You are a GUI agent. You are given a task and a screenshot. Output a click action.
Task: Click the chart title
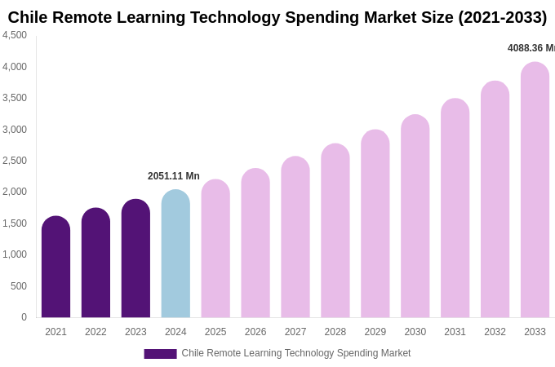click(x=277, y=17)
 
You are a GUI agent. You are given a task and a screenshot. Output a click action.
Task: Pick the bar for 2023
click(x=135, y=259)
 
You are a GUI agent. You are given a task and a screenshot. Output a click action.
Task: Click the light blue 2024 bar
click(x=175, y=254)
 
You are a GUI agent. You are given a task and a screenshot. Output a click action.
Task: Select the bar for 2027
click(x=295, y=238)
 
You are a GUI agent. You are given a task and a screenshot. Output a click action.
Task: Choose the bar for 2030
click(x=415, y=217)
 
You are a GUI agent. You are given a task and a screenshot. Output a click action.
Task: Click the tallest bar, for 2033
click(x=535, y=191)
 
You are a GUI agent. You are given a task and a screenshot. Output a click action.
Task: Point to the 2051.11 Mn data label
click(x=173, y=176)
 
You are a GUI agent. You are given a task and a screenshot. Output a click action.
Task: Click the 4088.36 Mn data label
click(x=531, y=48)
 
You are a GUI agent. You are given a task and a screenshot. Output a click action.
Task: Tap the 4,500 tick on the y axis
click(x=15, y=35)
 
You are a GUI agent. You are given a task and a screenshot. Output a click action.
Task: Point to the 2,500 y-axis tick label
click(x=15, y=161)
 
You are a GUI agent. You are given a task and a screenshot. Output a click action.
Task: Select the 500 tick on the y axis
click(x=18, y=286)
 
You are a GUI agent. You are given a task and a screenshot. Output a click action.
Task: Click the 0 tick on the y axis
click(x=24, y=317)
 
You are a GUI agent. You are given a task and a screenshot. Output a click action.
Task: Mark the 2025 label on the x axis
click(x=215, y=332)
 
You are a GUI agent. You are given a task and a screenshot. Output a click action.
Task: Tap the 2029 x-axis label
click(x=375, y=332)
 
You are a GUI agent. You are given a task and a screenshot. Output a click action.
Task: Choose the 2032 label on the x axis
click(x=495, y=332)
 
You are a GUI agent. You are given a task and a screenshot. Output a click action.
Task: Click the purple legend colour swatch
click(x=160, y=354)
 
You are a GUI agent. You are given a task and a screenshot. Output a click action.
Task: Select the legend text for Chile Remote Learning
click(x=295, y=353)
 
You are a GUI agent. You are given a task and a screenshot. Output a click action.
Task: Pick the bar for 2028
click(x=335, y=232)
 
